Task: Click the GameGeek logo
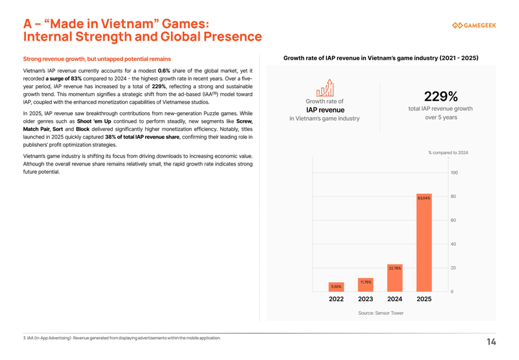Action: tap(473, 25)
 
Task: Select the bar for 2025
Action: tap(424, 242)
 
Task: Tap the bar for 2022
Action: tap(336, 287)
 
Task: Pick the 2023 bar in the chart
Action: tap(365, 284)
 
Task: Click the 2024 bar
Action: tap(395, 278)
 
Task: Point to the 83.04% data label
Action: tap(424, 198)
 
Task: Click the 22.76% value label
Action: tap(395, 268)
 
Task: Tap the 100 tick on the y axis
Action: tap(454, 173)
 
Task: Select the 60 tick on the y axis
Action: tap(454, 220)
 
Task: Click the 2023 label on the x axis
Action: tap(365, 299)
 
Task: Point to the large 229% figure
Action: tap(441, 97)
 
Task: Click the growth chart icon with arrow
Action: tap(325, 88)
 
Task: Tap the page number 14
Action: tap(491, 342)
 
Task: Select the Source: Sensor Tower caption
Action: tap(380, 313)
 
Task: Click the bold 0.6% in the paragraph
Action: tap(164, 71)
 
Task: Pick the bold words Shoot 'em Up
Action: tap(94, 121)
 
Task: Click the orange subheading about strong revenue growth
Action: tap(97, 59)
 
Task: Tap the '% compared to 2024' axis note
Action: tap(448, 153)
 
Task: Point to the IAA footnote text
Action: tap(122, 338)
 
